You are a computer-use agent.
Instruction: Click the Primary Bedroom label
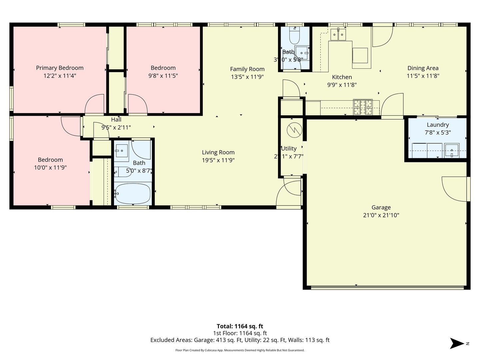coord(60,68)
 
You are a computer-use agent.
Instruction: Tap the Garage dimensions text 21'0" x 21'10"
coord(381,215)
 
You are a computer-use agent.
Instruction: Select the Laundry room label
coord(438,125)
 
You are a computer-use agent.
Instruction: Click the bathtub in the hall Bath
coord(133,193)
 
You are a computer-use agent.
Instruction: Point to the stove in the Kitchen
coord(363,107)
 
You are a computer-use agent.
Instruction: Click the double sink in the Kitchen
coord(338,34)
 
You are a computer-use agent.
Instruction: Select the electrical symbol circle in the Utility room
coord(295,130)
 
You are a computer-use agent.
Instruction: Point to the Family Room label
coord(247,69)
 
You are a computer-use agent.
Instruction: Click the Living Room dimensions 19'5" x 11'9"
coord(218,160)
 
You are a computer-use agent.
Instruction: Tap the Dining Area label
coord(423,68)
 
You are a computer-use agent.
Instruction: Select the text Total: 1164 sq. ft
coord(240,326)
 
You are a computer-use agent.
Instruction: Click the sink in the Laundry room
coord(452,150)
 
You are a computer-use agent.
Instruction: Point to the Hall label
coord(116,120)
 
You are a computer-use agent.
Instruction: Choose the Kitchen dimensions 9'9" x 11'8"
coord(342,85)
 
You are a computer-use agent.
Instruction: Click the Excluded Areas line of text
coord(240,340)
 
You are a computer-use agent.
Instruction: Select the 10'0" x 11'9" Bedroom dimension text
coord(50,168)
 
